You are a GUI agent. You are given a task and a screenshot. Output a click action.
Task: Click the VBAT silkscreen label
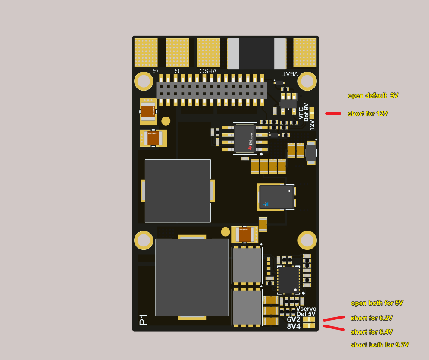pos(290,74)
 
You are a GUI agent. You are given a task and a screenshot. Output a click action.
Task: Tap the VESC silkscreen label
pos(208,71)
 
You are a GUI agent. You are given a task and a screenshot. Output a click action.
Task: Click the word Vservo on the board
pos(306,309)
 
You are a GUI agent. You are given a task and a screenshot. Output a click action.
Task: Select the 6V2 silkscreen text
pos(294,319)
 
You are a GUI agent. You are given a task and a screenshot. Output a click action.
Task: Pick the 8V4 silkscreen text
pos(294,326)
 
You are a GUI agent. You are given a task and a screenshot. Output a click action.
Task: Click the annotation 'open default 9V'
pos(373,95)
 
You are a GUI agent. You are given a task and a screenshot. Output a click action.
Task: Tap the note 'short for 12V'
pos(368,114)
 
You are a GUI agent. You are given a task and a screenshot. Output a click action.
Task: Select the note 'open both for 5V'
pos(377,303)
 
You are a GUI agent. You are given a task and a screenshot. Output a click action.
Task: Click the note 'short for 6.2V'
pos(372,318)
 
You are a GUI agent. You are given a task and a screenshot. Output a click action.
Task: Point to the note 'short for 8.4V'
pos(372,332)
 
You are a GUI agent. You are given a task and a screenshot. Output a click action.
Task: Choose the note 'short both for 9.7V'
pos(379,345)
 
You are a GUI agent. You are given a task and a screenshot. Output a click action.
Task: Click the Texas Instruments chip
pos(244,139)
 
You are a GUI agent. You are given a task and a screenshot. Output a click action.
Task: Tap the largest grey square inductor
pos(191,277)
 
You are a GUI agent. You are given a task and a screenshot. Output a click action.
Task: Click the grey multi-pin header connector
pos(211,90)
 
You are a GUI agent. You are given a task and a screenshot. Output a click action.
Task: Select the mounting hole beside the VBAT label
pos(307,81)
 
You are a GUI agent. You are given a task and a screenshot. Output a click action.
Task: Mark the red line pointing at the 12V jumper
pos(333,114)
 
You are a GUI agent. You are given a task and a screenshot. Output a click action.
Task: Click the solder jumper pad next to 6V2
pos(309,319)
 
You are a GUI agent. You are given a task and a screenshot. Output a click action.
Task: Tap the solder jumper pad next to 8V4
pos(309,326)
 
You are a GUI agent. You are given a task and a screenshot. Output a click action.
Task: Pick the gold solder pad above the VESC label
pos(208,53)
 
